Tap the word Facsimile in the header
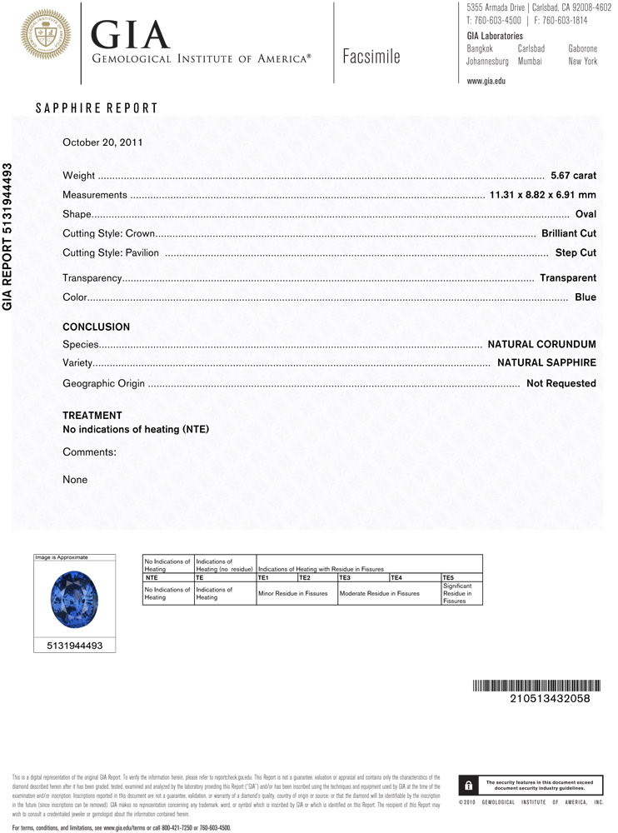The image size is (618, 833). [x=371, y=57]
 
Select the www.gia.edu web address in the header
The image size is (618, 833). [x=486, y=81]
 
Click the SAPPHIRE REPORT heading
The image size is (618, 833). [x=97, y=108]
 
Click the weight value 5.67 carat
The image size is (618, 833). [x=573, y=176]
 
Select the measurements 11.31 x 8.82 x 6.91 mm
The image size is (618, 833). [x=542, y=195]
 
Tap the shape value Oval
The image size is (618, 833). [x=586, y=214]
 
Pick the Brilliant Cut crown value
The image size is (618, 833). [x=568, y=233]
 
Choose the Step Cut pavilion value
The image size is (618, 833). [x=576, y=252]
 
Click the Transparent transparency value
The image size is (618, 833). [x=567, y=278]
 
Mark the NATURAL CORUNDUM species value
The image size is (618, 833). [x=541, y=344]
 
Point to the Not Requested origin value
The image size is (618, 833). [x=561, y=383]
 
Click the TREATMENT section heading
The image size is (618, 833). [x=92, y=415]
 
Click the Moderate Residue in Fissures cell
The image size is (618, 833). [x=379, y=593]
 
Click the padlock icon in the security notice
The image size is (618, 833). [x=469, y=785]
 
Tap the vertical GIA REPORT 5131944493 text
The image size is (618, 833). [x=7, y=237]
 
